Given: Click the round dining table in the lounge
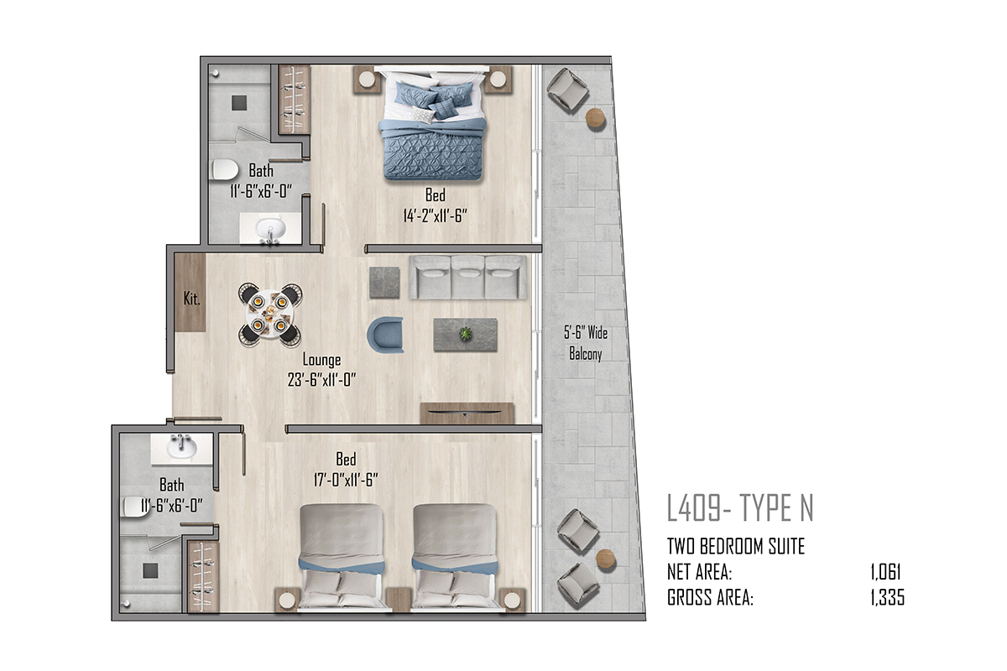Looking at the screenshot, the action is point(269,315).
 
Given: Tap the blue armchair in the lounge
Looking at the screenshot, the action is point(385,335).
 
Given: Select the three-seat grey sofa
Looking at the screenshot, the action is point(467,278).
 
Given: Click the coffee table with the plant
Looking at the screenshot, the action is point(465,335).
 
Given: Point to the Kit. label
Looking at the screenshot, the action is point(191,299).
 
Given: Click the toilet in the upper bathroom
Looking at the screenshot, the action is point(225,170).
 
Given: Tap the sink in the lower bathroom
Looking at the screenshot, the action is point(181,447).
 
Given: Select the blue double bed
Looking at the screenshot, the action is point(432,123).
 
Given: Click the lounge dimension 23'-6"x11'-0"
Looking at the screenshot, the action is point(321,380).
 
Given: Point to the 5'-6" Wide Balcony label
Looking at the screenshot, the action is point(586,343).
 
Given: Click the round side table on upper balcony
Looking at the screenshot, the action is point(596,118).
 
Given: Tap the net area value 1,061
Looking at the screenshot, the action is point(885,572).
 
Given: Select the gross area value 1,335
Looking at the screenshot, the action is point(888,598).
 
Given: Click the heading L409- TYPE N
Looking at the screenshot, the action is point(740,507).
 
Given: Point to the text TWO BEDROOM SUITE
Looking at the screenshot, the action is point(736,547).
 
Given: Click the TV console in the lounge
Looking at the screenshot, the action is point(467,413).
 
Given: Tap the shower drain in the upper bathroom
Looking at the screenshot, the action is point(239,103).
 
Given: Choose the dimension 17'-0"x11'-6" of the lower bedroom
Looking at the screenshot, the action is point(346,480).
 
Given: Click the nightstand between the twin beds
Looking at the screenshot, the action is point(399,600).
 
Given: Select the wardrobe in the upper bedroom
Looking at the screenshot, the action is point(295,100).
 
